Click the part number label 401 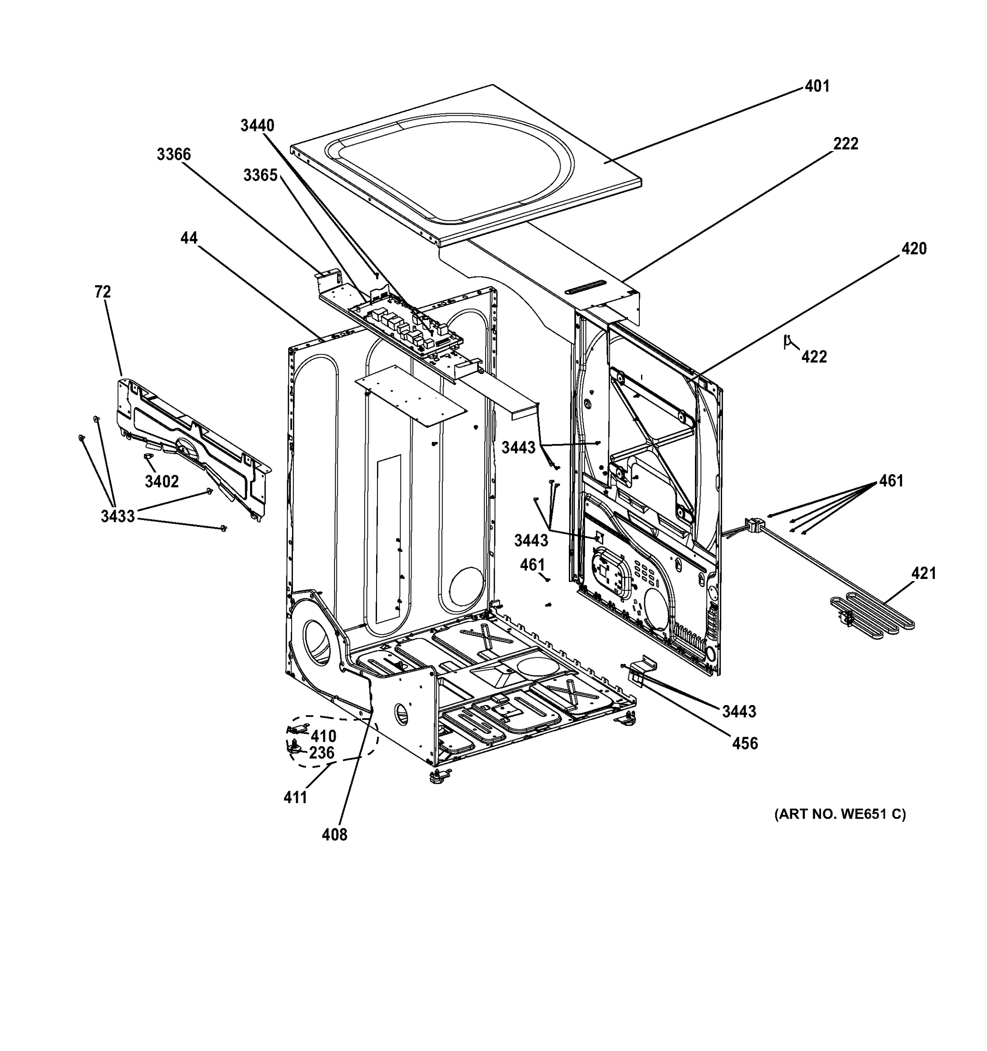[x=817, y=86]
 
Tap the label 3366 [x=173, y=155]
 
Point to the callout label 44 [x=189, y=238]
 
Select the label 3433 [x=118, y=516]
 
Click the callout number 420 [x=913, y=248]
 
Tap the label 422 [x=814, y=357]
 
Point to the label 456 [x=745, y=744]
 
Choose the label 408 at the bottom [x=335, y=835]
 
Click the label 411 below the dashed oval [x=295, y=798]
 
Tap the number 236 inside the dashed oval [x=321, y=753]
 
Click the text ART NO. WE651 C [x=840, y=814]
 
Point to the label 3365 [x=260, y=175]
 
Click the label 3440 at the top [x=257, y=126]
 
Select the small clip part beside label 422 [x=788, y=342]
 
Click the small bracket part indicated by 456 [x=640, y=668]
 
